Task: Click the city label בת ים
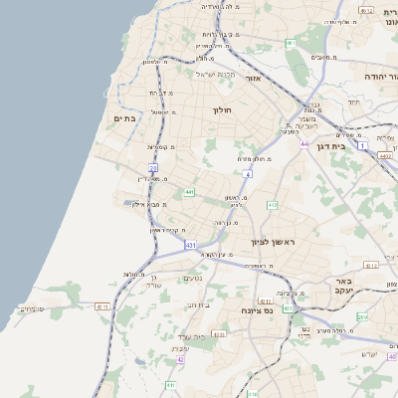(x=124, y=118)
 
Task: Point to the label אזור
(x=252, y=78)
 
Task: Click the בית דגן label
(x=342, y=145)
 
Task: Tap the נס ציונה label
(x=257, y=310)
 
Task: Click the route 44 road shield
(x=304, y=144)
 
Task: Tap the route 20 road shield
(x=152, y=167)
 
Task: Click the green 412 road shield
(x=272, y=205)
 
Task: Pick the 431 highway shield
(x=189, y=244)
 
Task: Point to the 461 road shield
(x=290, y=44)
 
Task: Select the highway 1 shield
(x=363, y=147)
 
